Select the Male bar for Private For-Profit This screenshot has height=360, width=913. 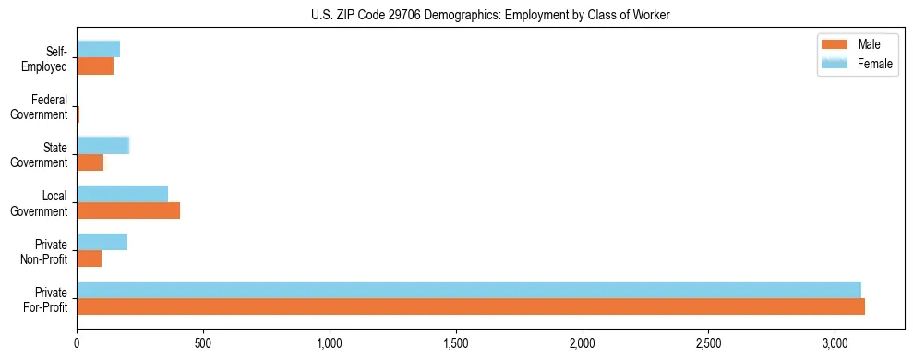point(471,306)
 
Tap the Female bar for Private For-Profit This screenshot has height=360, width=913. point(469,290)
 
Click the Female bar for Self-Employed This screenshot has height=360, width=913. point(99,49)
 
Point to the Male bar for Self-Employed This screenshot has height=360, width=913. point(95,66)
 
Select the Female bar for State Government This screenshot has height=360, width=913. point(103,145)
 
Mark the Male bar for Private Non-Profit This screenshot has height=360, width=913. point(90,258)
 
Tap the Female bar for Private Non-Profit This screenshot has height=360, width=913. point(102,242)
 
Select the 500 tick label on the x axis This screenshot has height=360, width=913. point(203,342)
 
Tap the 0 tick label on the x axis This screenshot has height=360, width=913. point(78,342)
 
